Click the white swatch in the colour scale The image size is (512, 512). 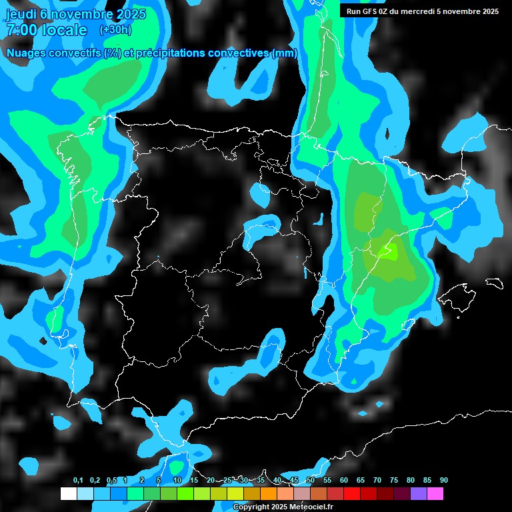point(68,493)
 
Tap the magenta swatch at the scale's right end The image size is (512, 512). point(435,493)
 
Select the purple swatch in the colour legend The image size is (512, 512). point(419,493)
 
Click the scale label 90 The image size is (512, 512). point(443,480)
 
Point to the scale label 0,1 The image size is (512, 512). point(78,480)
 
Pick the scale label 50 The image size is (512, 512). point(311,480)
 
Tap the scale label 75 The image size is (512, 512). point(394,480)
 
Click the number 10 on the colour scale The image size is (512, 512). point(177,480)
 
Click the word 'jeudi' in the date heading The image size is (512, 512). point(21,14)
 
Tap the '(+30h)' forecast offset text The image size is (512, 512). point(115,30)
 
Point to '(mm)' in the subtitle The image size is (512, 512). point(285,53)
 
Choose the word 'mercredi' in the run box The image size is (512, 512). point(434,11)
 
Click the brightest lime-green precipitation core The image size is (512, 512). point(387,251)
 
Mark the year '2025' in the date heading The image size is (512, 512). point(126,14)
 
